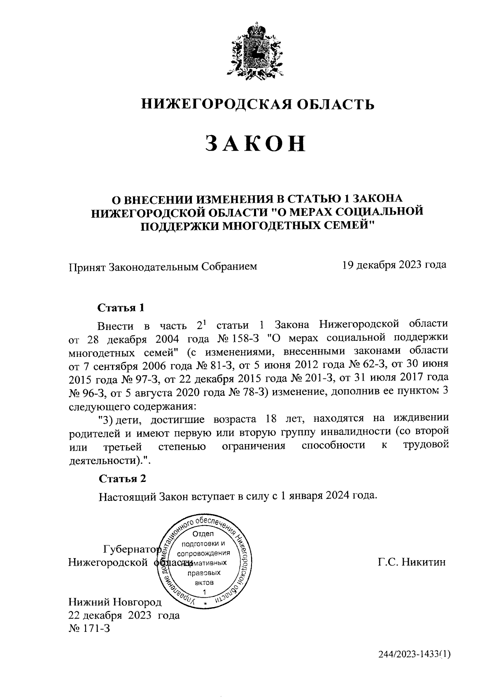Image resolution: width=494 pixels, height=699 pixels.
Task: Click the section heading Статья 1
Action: pyautogui.click(x=121, y=308)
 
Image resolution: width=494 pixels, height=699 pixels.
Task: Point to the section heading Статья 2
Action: pyautogui.click(x=122, y=478)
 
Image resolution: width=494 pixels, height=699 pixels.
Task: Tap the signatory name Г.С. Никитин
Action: pyautogui.click(x=412, y=562)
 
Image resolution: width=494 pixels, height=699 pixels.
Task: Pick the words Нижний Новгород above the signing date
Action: pyautogui.click(x=115, y=602)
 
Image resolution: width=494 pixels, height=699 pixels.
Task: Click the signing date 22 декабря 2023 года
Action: pyautogui.click(x=124, y=615)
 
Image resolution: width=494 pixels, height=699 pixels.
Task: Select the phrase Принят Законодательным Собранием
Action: pyautogui.click(x=163, y=267)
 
